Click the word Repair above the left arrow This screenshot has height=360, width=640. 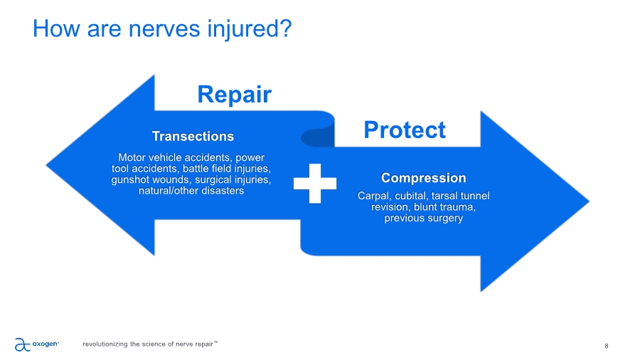(x=234, y=95)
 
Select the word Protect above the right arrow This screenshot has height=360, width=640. (x=404, y=129)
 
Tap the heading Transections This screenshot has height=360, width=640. (x=193, y=136)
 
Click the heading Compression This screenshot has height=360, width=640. (x=423, y=178)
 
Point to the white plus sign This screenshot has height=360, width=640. (x=315, y=182)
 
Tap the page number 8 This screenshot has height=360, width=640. (x=606, y=346)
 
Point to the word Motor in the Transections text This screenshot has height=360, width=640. (x=132, y=157)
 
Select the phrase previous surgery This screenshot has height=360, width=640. (x=423, y=218)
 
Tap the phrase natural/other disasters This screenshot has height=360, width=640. (x=192, y=191)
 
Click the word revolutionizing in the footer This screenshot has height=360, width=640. (x=106, y=345)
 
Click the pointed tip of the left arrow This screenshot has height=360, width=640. (x=48, y=165)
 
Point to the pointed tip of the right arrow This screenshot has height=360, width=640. (x=589, y=201)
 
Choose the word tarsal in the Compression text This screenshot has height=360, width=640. (x=456, y=196)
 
